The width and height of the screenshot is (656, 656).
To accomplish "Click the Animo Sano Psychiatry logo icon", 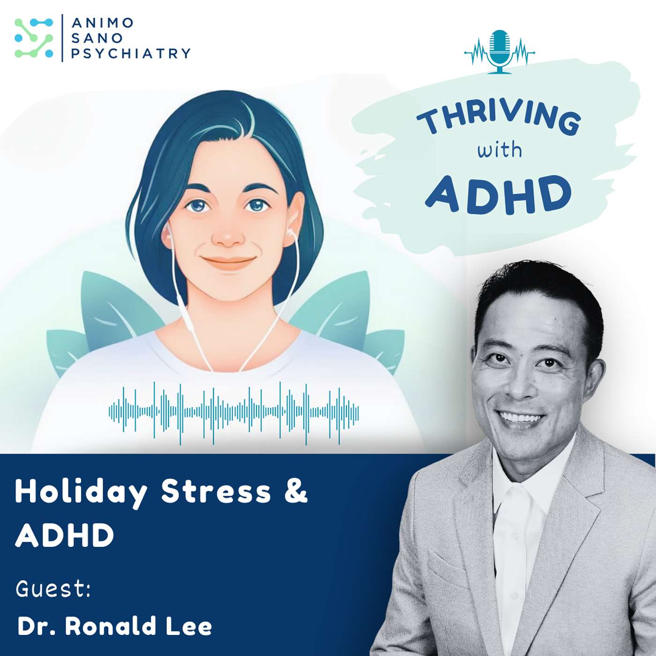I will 34,38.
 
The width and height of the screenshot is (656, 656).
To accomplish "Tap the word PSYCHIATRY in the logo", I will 131,53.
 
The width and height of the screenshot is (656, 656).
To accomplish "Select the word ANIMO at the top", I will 103,22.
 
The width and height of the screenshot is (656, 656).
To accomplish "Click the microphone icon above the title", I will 499,51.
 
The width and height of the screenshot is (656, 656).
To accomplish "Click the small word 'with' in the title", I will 499,150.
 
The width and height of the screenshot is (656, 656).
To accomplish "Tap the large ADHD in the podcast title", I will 499,194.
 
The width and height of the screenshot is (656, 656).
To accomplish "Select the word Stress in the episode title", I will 216,492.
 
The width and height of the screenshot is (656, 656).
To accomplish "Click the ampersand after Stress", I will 296,491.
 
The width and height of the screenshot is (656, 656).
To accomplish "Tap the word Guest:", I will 53,589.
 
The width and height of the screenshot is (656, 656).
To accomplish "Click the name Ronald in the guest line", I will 111,626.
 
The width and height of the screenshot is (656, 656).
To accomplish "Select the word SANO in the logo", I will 90,38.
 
